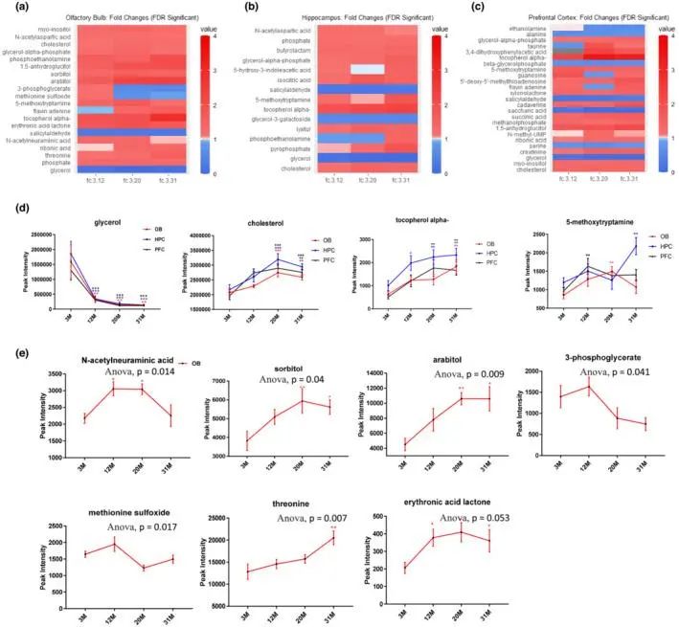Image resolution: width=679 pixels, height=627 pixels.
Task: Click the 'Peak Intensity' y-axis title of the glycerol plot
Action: click(x=11, y=272)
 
